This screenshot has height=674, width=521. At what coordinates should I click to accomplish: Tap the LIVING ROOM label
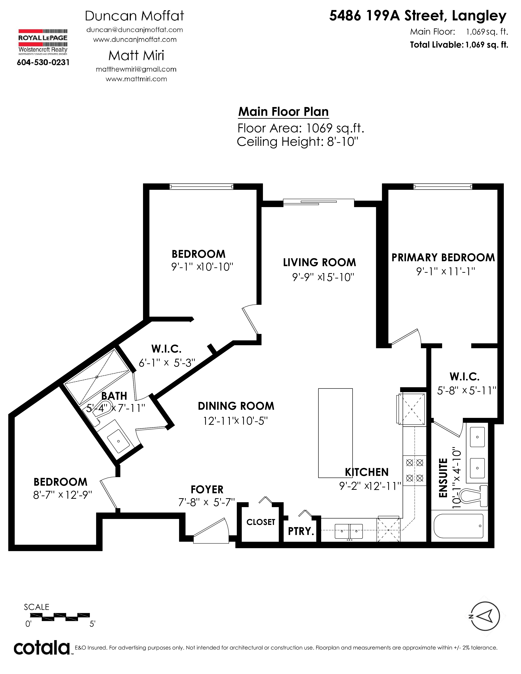[320, 262]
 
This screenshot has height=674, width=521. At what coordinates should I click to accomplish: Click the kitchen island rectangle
[335, 433]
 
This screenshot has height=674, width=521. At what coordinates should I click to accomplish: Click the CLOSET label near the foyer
[260, 522]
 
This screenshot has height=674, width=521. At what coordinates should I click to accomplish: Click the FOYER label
[207, 489]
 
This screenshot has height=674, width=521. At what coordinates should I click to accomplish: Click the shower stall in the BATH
[97, 377]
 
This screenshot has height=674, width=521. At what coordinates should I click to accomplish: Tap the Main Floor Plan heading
[283, 112]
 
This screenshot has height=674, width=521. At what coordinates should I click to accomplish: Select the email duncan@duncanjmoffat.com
[135, 30]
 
